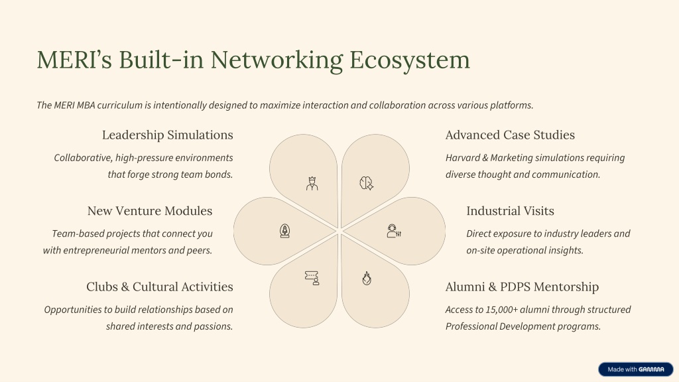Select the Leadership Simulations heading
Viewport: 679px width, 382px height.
click(167, 135)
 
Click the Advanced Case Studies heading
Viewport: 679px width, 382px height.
click(510, 135)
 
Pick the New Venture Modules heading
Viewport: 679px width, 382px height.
click(150, 211)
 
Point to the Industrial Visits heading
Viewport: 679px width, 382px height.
click(510, 211)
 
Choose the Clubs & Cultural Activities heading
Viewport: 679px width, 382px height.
click(159, 286)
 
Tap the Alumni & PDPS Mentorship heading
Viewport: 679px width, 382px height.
click(522, 286)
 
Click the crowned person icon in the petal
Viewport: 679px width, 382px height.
click(312, 183)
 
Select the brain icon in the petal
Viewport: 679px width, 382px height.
click(366, 184)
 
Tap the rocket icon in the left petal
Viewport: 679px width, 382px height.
click(285, 231)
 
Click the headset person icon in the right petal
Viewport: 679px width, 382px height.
click(394, 231)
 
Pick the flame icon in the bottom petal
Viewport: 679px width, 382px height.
click(366, 278)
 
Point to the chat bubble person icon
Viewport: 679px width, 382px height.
click(312, 278)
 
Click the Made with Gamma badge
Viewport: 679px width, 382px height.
click(635, 369)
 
